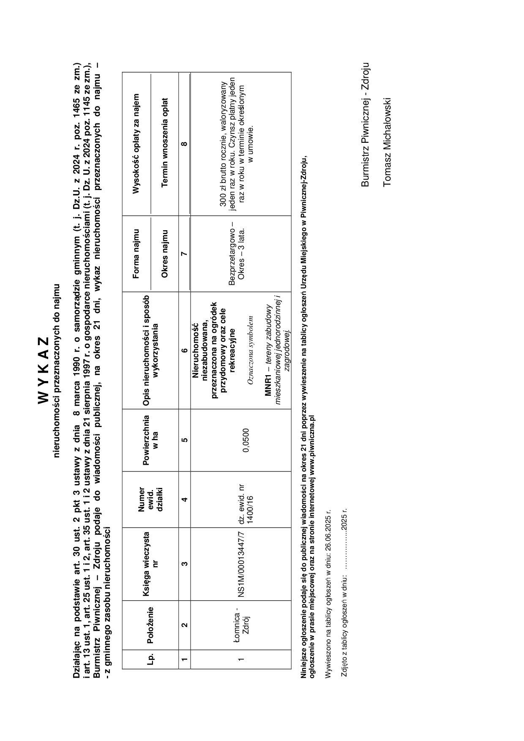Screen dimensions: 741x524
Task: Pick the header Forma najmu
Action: [x=136, y=253]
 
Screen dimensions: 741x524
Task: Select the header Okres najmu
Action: [x=165, y=253]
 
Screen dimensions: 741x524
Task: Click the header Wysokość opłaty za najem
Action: [x=136, y=144]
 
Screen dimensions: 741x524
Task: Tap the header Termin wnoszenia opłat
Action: [x=165, y=144]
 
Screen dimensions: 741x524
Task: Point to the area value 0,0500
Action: [x=246, y=440]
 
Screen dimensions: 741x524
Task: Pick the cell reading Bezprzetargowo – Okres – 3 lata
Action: [x=237, y=253]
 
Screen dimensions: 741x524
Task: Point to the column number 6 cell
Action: [x=184, y=350]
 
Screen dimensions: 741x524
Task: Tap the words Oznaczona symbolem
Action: [x=250, y=350]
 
